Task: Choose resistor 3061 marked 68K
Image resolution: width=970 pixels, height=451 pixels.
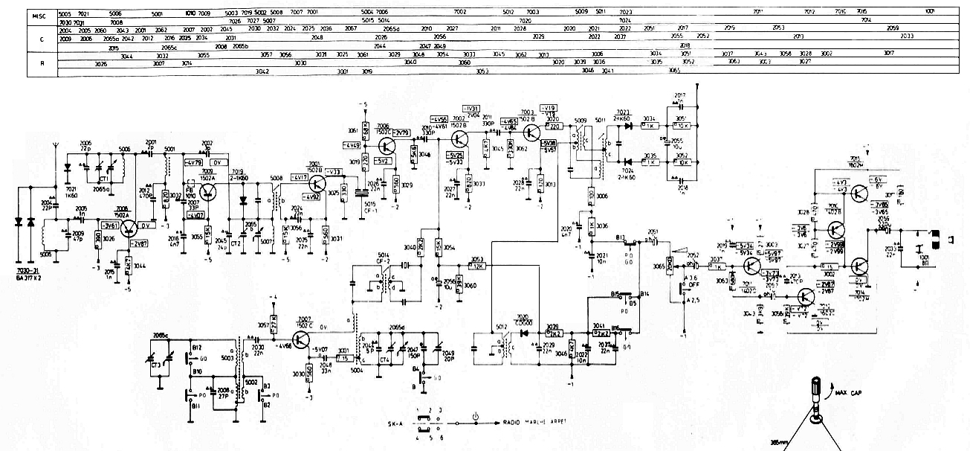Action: (365, 128)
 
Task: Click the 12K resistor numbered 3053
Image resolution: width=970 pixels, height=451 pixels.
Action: (477, 265)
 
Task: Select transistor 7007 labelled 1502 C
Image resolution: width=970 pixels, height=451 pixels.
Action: (300, 339)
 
